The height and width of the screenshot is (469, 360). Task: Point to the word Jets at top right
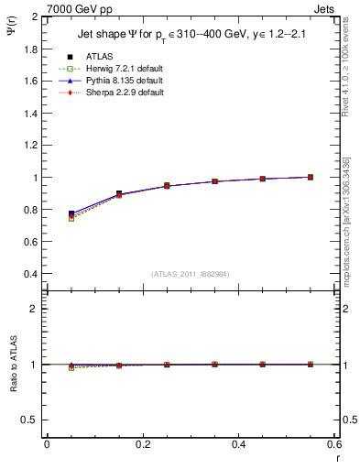click(x=327, y=8)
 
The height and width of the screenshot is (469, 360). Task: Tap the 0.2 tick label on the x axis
click(x=142, y=444)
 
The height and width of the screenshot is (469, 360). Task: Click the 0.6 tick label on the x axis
click(x=334, y=444)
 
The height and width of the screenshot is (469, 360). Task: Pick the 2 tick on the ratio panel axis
click(x=36, y=309)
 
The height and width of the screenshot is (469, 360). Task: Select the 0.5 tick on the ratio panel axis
click(x=32, y=420)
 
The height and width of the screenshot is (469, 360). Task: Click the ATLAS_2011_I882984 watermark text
click(x=191, y=274)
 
